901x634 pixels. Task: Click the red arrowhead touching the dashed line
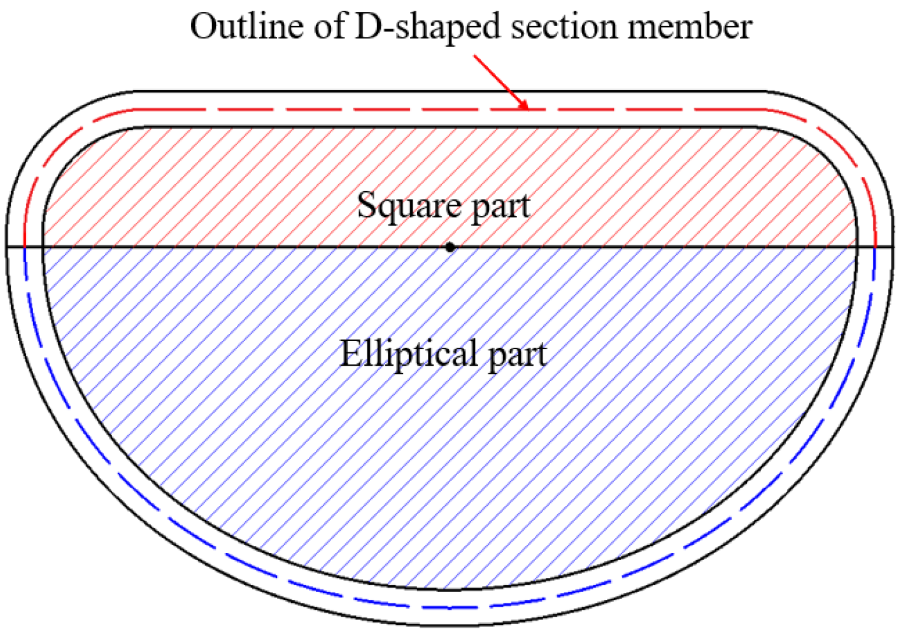pos(524,105)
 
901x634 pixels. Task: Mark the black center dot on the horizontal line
pos(450,247)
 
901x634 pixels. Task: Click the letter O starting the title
pos(204,27)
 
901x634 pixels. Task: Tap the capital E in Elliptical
pos(350,353)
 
